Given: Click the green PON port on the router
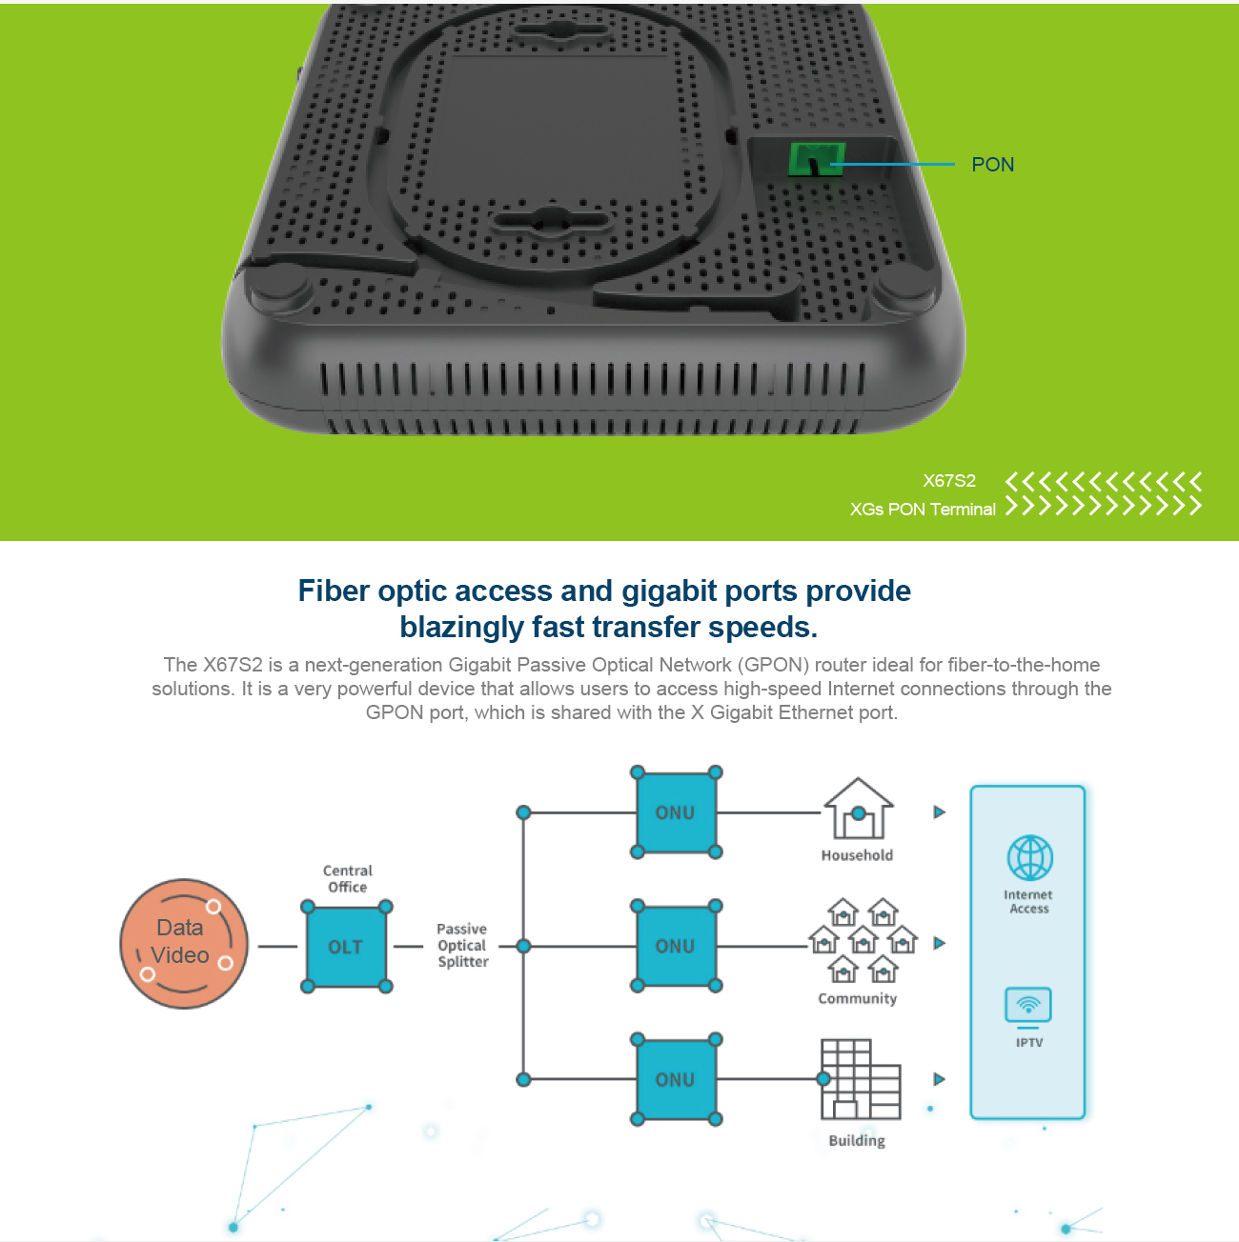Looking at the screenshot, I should pos(816,159).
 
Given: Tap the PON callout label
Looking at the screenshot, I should pos(992,165).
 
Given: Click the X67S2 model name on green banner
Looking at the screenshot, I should pos(948,481).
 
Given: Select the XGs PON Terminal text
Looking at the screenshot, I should pos(922,510).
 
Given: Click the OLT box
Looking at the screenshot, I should pos(346,947).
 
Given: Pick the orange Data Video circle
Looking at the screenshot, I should pos(184,943).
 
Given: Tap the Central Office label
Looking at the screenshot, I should pos(347,878).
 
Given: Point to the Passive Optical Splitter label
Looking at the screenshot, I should pos(462,945).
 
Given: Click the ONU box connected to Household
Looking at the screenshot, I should pos(676,812).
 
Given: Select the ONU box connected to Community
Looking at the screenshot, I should pos(676,946).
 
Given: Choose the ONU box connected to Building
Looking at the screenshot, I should pos(676,1079).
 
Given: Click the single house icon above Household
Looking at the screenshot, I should pos(858,810).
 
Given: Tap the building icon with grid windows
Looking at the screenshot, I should pos(860,1079).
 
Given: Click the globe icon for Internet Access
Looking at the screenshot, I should pos(1029,857).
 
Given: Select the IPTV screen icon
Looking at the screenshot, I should pos(1028,1006).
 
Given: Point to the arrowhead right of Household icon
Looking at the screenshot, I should pos(939,812).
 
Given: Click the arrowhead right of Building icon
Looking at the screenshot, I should pos(939,1079).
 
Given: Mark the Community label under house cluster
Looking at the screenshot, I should pos(857,998).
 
